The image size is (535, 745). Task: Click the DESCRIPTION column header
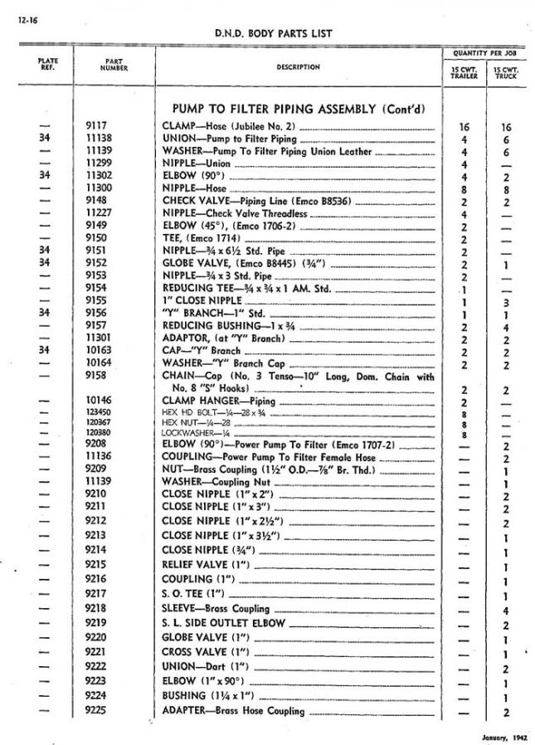coord(298,66)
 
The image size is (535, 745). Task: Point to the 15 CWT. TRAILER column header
coord(464,71)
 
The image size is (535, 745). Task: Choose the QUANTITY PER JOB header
coord(484,52)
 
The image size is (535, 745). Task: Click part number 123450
coord(99,411)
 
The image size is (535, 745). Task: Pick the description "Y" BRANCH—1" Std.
coord(203,314)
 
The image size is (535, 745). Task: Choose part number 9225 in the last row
coord(95,711)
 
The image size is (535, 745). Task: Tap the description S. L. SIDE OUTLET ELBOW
coord(224,623)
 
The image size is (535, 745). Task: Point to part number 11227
coord(98,213)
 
